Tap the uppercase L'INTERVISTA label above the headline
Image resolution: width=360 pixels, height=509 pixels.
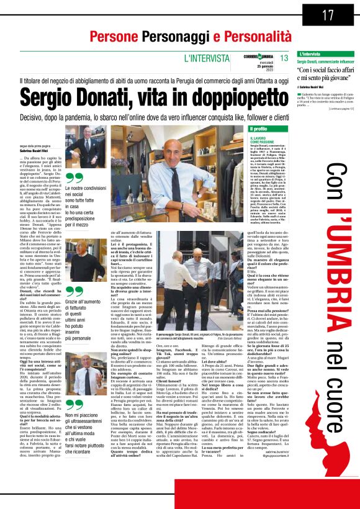pyautogui.click(x=203, y=58)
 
